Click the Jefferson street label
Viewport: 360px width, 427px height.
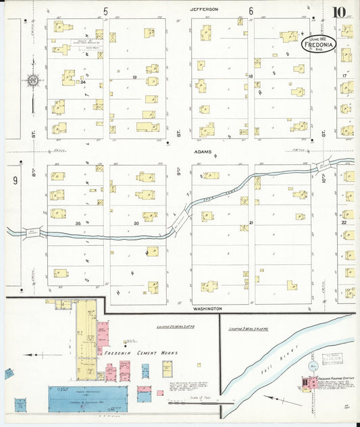pos(203,9)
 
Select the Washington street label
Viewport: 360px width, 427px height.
pos(207,309)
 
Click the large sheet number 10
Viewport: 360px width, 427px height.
pos(340,11)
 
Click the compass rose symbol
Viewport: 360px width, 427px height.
pos(32,82)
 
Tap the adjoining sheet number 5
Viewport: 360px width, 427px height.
pos(106,11)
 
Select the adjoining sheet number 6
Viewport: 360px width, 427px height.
pos(251,11)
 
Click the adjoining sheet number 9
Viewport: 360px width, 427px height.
pos(14,180)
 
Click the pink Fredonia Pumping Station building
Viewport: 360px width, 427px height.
pos(311,384)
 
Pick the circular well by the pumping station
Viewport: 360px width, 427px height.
pos(313,366)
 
